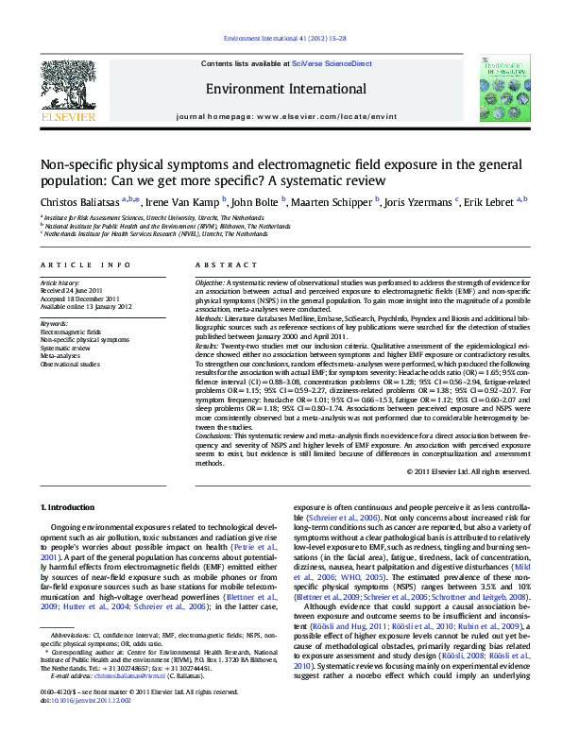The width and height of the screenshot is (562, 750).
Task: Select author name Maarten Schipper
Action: [336, 202]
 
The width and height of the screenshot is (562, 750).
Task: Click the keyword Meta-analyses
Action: [60, 355]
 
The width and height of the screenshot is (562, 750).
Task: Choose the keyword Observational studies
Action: [70, 363]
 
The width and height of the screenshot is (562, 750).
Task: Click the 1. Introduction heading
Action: [69, 508]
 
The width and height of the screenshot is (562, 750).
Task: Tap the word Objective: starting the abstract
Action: [210, 283]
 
